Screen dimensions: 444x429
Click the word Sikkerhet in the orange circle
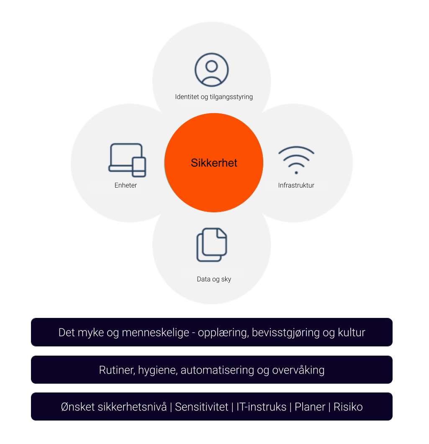(x=214, y=163)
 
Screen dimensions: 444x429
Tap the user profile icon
(x=212, y=70)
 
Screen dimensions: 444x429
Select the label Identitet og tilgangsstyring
(x=214, y=97)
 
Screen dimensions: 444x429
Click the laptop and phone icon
(x=127, y=160)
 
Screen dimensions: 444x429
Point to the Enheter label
(x=126, y=185)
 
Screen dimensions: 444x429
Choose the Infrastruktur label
(x=296, y=185)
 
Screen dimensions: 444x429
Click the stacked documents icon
(x=212, y=245)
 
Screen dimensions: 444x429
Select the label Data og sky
(x=214, y=279)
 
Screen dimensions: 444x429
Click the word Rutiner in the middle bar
(x=114, y=370)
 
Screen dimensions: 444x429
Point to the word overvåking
(x=298, y=370)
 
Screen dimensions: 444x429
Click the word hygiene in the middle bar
(x=155, y=370)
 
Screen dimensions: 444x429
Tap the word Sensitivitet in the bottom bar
(x=202, y=407)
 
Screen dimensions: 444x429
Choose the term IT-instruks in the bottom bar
(x=261, y=407)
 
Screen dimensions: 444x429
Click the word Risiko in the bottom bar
(x=348, y=407)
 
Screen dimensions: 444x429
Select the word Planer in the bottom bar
(x=310, y=407)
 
